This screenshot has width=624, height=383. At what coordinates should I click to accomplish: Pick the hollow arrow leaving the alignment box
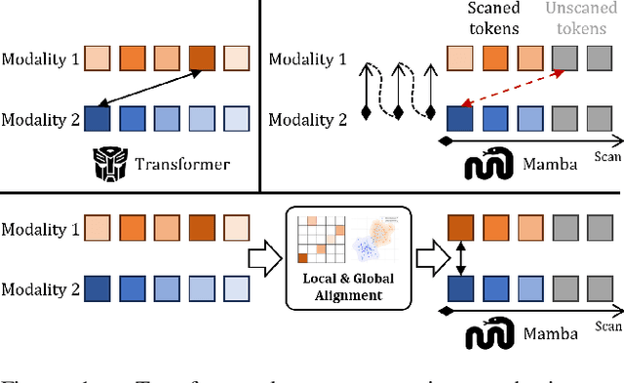click(430, 259)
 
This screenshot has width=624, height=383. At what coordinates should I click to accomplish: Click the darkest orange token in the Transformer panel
click(202, 58)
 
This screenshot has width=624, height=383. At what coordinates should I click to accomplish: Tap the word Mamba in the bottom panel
click(550, 335)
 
